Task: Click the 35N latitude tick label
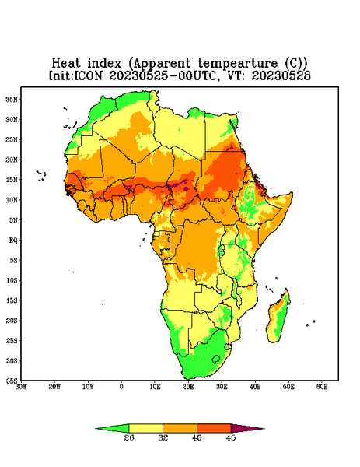12,100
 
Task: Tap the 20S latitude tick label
12,321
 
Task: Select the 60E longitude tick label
322,387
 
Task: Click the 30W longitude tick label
21,387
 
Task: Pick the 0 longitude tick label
121,387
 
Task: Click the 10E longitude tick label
155,387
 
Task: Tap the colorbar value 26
129,437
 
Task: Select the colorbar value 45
231,437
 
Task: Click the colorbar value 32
163,437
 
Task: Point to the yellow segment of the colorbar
145,428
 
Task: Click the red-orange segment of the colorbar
214,428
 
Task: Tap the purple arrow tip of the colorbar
264,429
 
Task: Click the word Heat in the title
66,64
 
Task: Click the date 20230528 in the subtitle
281,75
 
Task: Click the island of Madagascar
278,318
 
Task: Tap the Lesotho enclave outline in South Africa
216,359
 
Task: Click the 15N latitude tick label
12,180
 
